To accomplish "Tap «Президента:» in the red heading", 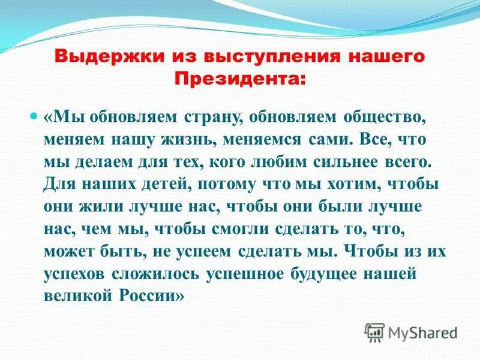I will pyautogui.click(x=239, y=77).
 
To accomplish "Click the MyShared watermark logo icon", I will pyautogui.click(x=374, y=331).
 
